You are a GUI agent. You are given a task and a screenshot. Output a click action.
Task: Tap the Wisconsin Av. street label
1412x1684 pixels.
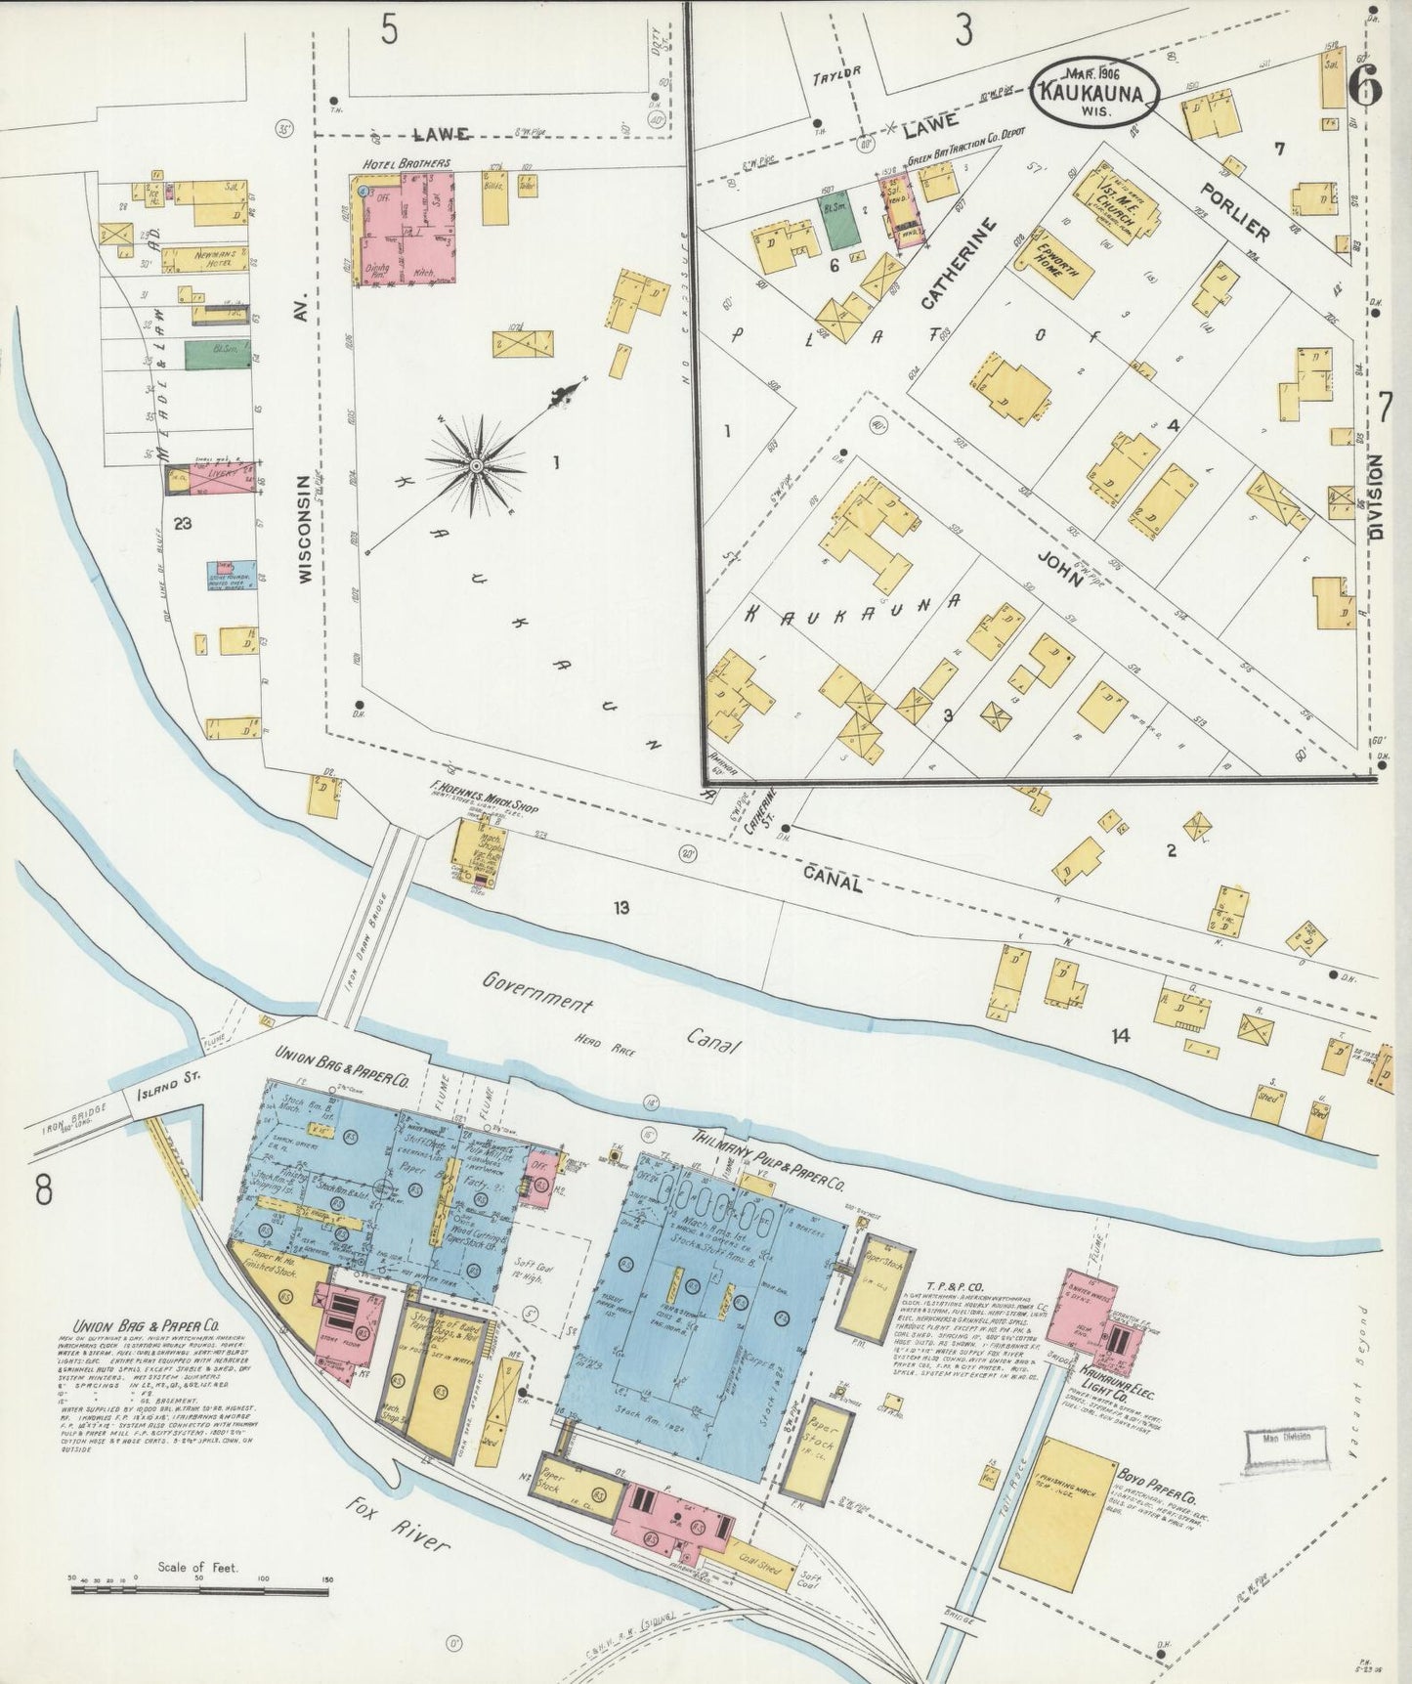point(303,530)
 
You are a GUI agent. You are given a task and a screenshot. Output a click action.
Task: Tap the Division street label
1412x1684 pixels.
point(1377,498)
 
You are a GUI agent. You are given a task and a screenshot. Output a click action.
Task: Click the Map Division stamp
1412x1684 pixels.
point(1287,1444)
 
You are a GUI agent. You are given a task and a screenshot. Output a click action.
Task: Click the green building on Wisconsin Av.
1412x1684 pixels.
point(217,355)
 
